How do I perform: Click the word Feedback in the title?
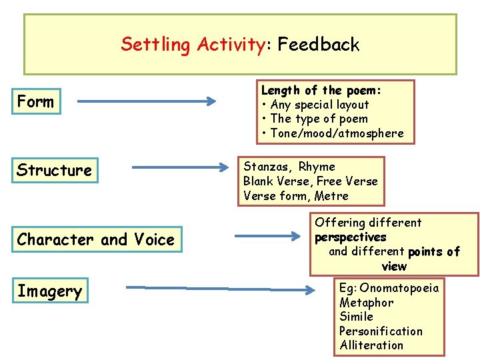click(319, 45)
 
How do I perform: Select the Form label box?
click(35, 102)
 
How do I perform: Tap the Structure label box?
click(54, 170)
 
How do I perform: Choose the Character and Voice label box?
click(95, 239)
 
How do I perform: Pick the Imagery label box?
click(49, 291)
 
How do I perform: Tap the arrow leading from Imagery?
click(220, 289)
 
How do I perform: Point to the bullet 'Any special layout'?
click(319, 105)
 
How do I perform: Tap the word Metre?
click(331, 195)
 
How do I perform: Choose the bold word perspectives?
click(351, 237)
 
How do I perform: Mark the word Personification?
click(381, 331)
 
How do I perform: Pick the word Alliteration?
click(371, 345)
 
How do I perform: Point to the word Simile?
click(356, 317)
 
